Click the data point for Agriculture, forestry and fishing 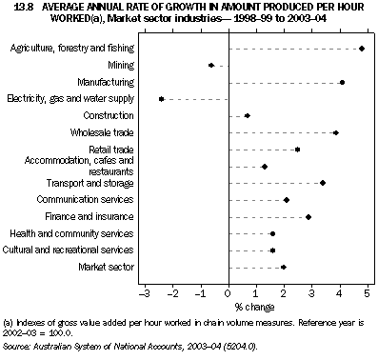pos(362,48)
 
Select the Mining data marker pos(211,65)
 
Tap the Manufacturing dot pos(342,83)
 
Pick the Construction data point pos(248,116)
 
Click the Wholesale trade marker pos(335,133)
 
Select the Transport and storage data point pos(323,183)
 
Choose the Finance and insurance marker pos(308,217)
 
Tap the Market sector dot pos(284,268)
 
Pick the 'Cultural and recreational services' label pos(71,250)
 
